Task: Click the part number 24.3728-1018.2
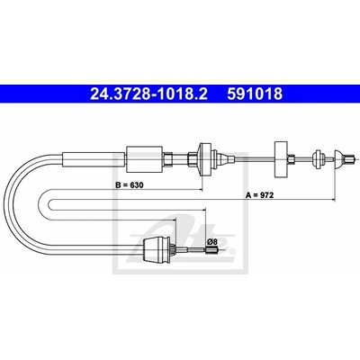tap(148, 94)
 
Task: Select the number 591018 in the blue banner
tap(255, 94)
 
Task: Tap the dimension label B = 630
tap(130, 185)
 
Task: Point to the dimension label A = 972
tap(260, 195)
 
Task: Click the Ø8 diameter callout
tap(212, 241)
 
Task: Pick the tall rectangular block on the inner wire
tap(281, 159)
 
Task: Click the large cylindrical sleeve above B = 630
tap(144, 159)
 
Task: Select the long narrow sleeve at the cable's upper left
tap(94, 159)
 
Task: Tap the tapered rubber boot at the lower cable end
tap(157, 249)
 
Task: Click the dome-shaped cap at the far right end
tap(339, 159)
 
